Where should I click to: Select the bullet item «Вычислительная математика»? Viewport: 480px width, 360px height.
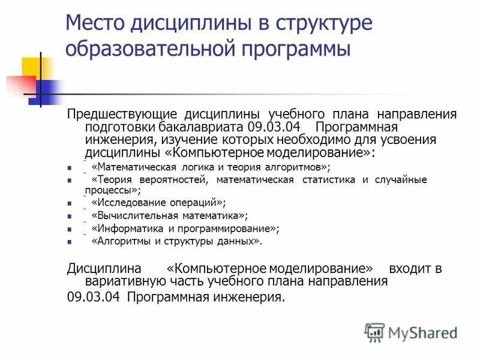[x=169, y=215]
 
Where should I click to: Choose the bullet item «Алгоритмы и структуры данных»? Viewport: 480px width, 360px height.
[x=176, y=242]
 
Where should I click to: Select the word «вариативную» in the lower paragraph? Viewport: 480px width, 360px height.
[x=125, y=281]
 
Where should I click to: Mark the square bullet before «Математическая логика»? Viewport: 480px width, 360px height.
[x=70, y=168]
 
